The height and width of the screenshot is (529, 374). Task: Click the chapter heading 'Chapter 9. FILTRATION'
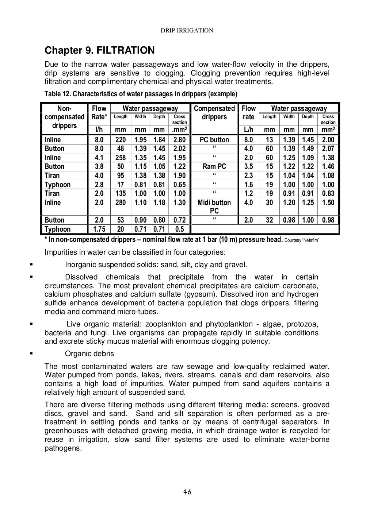(99, 50)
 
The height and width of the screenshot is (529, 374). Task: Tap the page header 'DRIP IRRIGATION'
(187, 31)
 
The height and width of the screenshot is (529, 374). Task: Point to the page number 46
(187, 491)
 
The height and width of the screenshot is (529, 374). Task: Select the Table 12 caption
(141, 94)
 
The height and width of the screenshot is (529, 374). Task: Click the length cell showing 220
(121, 140)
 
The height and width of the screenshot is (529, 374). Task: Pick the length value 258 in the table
(121, 158)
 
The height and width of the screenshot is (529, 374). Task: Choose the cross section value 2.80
(179, 140)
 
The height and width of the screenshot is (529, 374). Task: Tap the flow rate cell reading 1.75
(99, 229)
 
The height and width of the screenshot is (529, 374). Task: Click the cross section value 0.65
(179, 185)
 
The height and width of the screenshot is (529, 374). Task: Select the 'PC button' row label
(214, 140)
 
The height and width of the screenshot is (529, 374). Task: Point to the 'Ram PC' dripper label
(214, 167)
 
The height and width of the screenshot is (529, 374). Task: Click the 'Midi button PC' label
(214, 207)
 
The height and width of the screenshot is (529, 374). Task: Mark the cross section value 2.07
(328, 149)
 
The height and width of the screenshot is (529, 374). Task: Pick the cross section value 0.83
(328, 194)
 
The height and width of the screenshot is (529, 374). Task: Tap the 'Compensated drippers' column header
(214, 113)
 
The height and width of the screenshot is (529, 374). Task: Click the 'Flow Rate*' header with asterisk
(99, 113)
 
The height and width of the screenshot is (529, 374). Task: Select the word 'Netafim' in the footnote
(310, 240)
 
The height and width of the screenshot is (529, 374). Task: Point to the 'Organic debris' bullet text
(89, 354)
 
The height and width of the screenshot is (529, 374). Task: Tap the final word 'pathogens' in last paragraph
(62, 448)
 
